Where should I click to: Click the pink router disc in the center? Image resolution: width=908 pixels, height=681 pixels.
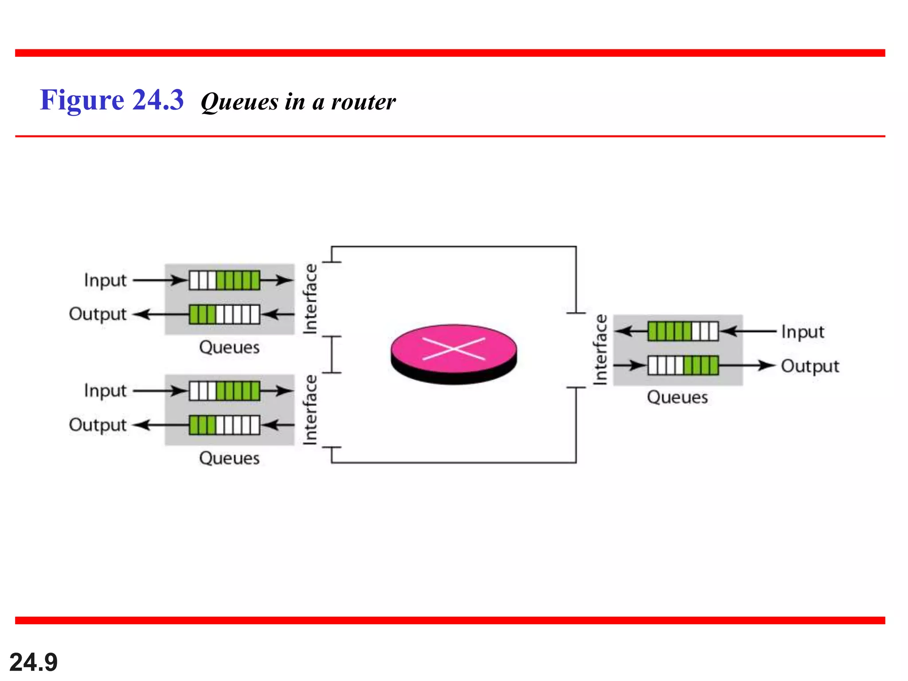point(454,350)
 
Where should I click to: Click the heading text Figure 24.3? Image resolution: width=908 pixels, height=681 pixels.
point(112,100)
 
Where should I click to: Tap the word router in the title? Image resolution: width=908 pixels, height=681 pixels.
point(363,102)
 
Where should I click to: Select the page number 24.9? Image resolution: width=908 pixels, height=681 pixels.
point(33,662)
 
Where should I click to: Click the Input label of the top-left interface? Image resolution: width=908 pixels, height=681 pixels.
point(105,281)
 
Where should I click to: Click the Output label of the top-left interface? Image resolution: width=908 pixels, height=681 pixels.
point(98,314)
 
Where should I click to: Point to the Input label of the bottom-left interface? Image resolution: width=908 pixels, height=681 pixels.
point(105,391)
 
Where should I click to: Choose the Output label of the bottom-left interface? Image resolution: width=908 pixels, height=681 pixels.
point(98,425)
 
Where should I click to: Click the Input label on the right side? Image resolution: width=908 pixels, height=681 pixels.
point(802,332)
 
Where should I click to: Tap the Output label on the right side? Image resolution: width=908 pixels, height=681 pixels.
point(810,366)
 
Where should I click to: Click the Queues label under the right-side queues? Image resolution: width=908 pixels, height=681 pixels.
point(677,397)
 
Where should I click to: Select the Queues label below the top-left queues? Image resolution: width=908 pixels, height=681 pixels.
point(229,347)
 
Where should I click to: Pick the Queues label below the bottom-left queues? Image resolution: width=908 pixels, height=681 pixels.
point(229,458)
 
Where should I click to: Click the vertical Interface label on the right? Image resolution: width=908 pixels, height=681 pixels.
point(600,349)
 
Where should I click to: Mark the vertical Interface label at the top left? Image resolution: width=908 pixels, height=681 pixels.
point(310,298)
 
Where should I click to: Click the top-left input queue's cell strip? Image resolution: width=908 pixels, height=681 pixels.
point(224,280)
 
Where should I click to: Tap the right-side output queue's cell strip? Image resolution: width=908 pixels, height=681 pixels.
point(683,366)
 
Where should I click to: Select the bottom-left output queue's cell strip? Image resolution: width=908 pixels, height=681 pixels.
point(224,425)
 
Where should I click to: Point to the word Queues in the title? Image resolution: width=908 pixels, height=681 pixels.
point(239,102)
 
